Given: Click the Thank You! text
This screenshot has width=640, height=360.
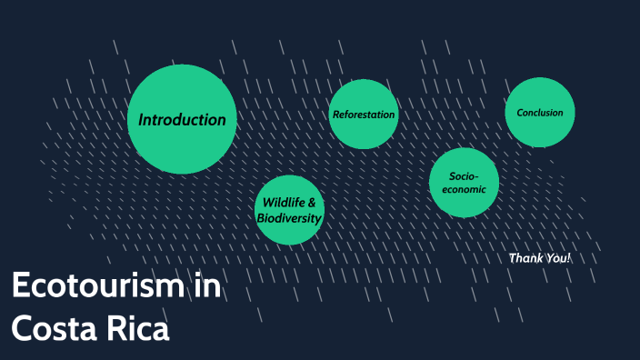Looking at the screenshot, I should (x=540, y=258).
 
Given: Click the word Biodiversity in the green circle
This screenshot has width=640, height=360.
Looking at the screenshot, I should (x=289, y=218).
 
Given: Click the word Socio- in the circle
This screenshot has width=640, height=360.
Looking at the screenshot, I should (x=463, y=175).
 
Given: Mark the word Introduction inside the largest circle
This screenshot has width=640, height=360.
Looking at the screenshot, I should (x=182, y=119).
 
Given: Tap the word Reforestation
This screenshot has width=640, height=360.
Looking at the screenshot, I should (x=364, y=115).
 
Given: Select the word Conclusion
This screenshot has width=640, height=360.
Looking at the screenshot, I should (x=540, y=113).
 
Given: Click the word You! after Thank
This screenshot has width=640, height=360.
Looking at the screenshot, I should (x=558, y=258).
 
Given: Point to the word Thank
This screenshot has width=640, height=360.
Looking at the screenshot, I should (x=526, y=258).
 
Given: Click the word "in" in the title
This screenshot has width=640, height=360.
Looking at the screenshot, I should (x=208, y=286).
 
